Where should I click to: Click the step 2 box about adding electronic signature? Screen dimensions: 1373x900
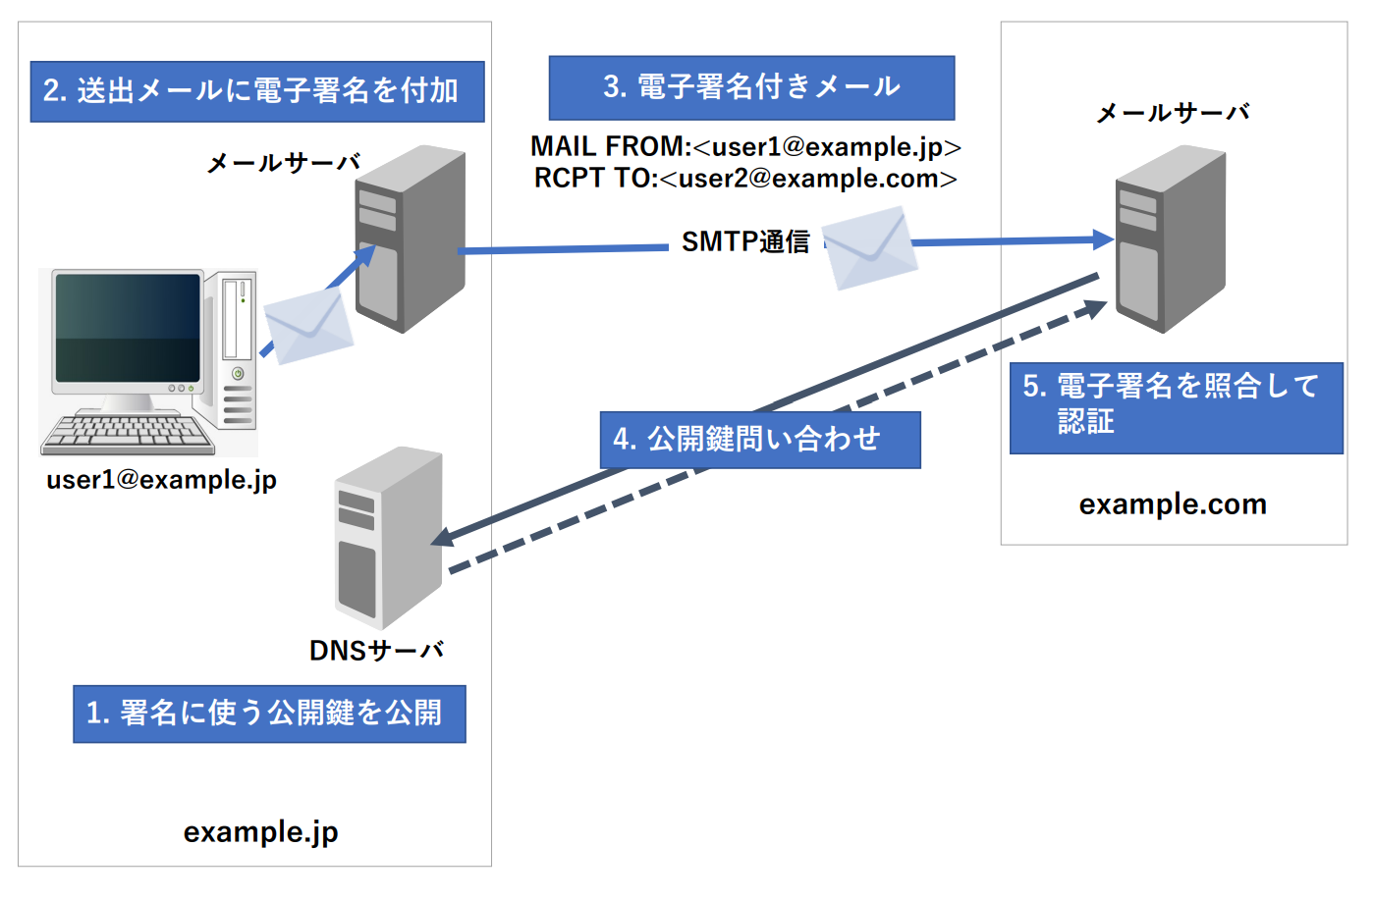coord(257,91)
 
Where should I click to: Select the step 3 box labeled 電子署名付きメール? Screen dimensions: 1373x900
coord(751,87)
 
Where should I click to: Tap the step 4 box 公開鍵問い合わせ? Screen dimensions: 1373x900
coord(760,440)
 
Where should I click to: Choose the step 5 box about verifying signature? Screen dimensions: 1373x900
coord(1177,408)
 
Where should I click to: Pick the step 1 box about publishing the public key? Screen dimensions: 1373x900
coord(269,714)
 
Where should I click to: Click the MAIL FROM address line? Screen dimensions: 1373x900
coord(746,147)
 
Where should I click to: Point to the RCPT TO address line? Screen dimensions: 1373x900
coord(745,179)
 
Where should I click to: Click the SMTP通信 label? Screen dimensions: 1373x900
coord(745,242)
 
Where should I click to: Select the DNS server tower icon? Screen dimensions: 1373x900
coord(388,538)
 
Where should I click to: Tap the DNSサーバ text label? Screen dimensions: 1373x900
coord(376,651)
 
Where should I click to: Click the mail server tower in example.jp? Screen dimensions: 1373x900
coord(411,238)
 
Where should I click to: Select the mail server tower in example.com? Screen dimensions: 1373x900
coord(1170,238)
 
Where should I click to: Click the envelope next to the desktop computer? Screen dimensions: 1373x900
coord(308,326)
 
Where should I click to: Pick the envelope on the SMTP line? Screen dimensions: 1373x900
coord(869,248)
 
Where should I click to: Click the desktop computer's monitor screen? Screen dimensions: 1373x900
coord(128,328)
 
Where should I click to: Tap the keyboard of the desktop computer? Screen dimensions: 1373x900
coord(128,435)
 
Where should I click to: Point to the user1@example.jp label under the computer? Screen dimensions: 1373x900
coord(161,480)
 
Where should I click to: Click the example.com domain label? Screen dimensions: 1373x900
coord(1173,504)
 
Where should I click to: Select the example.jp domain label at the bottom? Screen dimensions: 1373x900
coord(260,832)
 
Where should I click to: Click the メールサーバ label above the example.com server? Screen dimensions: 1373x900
coord(1173,113)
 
